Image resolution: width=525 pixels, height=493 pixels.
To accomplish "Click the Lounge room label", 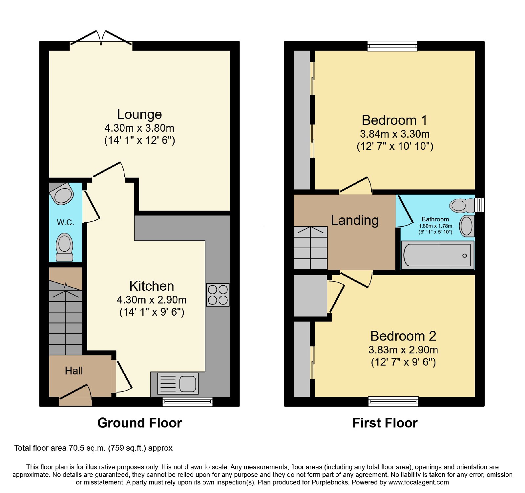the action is coord(139,114).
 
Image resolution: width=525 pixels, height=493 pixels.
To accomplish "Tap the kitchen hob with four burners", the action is coord(218,295).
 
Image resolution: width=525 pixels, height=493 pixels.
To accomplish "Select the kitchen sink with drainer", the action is coord(178,383).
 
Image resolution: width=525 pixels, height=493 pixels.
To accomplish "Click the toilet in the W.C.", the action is coord(64,247).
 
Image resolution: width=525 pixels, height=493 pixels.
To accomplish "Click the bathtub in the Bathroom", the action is coord(437,255).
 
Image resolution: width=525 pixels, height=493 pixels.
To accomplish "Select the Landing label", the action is coord(355,220).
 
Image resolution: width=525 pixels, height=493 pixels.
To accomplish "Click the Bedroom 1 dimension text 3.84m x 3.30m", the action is coord(395,134).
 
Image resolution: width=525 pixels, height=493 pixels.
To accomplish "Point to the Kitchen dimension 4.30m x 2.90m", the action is coord(152,300).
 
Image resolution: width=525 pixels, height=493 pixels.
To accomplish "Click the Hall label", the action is coord(74,371).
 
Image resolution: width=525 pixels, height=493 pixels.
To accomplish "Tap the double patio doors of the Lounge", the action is coord(101,39).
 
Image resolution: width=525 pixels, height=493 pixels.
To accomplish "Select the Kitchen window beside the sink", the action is coord(188,402).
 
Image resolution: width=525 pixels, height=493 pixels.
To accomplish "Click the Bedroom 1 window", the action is coord(392,46).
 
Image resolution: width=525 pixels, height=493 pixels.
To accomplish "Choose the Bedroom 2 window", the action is coord(393,401).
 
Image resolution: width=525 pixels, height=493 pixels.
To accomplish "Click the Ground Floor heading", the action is coord(140,423).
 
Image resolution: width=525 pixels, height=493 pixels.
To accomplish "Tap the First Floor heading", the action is coord(385,423).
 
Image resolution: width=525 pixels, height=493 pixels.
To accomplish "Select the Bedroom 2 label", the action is coord(403,336).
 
